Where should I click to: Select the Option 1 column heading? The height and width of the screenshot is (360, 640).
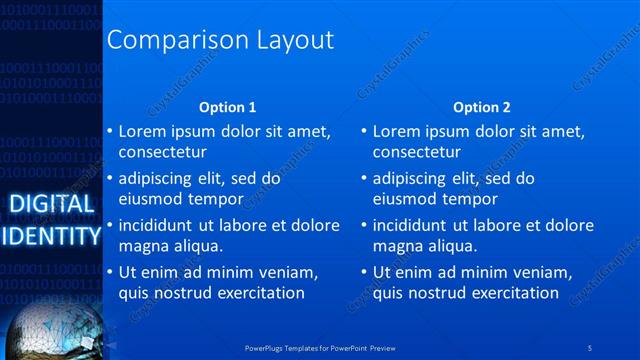[227, 107]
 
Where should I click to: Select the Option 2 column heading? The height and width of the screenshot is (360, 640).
[481, 107]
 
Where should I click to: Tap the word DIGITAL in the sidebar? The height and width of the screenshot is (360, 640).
[51, 205]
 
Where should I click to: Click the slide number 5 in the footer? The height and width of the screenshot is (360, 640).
[590, 348]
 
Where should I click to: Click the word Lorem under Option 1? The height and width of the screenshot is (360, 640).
[142, 131]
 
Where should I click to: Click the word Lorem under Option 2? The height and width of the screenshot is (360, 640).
[396, 131]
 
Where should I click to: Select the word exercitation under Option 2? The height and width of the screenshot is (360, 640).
[514, 293]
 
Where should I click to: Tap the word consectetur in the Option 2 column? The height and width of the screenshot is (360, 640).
[417, 153]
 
